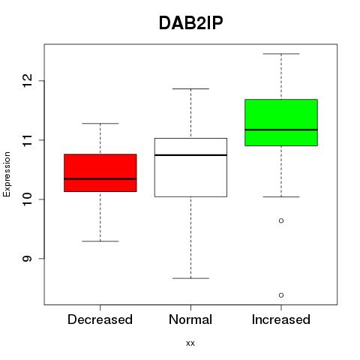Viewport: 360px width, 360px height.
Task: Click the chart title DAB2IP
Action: pos(190,23)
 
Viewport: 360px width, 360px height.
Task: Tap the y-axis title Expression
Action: pos(7,175)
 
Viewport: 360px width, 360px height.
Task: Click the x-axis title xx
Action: pos(190,343)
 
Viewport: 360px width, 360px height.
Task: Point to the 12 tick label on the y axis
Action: pos(27,80)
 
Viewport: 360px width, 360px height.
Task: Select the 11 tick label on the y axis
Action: pos(27,140)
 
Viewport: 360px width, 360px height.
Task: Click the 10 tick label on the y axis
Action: pos(27,199)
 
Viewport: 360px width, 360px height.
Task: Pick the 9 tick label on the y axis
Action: pos(27,258)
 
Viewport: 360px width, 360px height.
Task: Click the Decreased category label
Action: pos(100,319)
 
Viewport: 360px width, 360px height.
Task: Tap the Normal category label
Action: pos(190,319)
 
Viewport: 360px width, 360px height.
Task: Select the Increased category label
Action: pos(281,319)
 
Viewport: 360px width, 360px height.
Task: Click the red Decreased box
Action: pos(100,172)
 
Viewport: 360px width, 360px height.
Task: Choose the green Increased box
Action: pos(281,122)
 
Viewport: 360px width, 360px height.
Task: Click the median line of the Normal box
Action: pos(190,155)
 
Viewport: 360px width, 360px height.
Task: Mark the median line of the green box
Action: pos(281,130)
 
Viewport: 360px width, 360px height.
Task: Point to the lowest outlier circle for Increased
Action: pos(281,295)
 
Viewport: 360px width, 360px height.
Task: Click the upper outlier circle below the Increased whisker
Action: pos(281,220)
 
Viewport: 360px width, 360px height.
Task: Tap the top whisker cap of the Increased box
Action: pos(281,54)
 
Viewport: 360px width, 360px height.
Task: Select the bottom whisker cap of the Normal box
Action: pos(190,278)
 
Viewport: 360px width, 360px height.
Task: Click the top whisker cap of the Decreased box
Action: pos(100,123)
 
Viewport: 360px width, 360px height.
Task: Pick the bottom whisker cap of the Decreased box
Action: pos(100,241)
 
